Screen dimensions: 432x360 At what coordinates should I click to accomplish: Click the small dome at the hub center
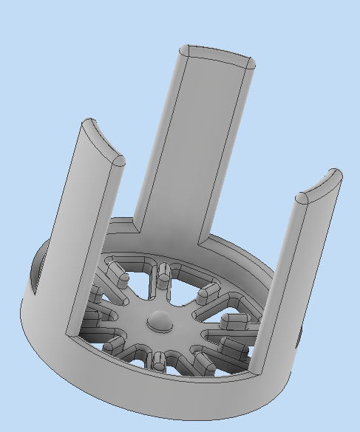coord(160,320)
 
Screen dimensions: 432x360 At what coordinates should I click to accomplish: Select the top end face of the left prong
coord(102,141)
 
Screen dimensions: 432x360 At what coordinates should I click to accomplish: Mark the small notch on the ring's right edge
coord(299,337)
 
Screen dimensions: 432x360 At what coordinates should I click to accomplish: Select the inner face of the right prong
coord(277,288)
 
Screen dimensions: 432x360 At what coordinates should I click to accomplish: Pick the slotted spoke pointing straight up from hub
coord(163,277)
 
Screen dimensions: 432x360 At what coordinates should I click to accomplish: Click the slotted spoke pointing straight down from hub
coord(157,360)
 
